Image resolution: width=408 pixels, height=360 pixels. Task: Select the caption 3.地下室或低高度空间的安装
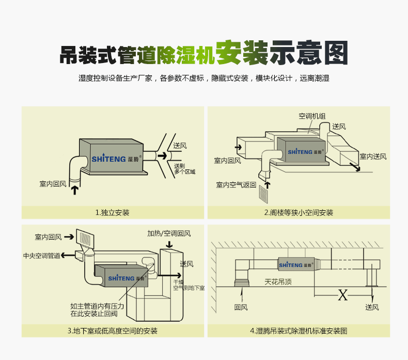112,331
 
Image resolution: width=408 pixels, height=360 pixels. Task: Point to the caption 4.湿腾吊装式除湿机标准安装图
299,331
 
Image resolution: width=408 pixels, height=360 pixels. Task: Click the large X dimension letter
342,295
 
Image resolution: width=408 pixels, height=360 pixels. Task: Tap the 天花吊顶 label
278,282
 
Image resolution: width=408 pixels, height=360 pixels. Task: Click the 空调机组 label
311,116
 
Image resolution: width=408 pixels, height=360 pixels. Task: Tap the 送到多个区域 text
184,168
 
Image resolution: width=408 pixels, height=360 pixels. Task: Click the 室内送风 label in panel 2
373,156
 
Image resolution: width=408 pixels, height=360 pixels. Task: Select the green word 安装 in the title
242,53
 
